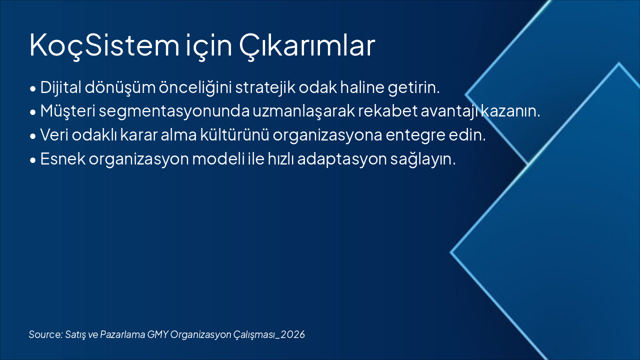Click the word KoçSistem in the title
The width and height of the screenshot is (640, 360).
pos(104,45)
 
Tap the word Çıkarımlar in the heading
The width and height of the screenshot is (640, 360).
pos(307,45)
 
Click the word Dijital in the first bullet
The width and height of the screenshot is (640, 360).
pos(61,87)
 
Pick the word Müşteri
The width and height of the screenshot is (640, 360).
pos(67,111)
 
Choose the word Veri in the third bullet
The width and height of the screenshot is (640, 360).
pos(54,135)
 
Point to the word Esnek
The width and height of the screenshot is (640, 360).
pos(63,158)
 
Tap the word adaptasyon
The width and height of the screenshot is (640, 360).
pos(342,159)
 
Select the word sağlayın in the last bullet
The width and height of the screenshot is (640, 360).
pos(423,159)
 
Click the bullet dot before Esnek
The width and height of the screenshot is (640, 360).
pos(33,160)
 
